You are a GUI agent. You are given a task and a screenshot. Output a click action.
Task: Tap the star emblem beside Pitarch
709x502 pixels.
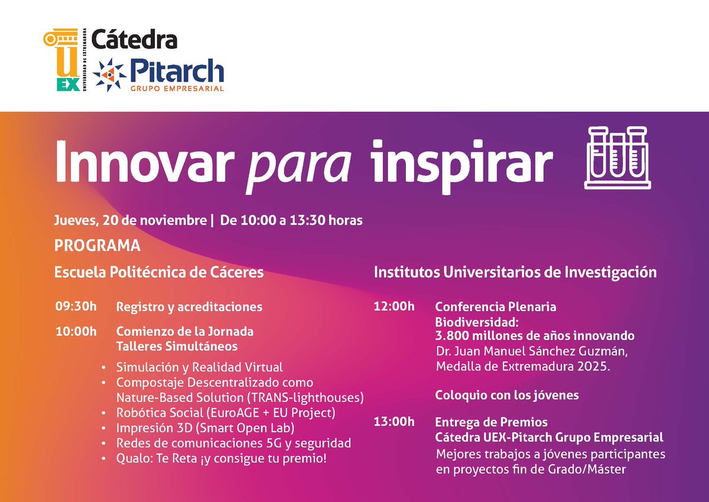110,75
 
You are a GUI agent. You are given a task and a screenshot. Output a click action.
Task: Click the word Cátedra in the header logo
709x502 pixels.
134,40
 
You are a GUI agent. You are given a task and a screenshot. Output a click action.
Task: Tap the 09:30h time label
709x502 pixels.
76,307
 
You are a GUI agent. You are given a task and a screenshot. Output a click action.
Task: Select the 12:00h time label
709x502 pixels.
394,307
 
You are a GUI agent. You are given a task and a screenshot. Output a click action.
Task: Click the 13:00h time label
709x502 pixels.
394,422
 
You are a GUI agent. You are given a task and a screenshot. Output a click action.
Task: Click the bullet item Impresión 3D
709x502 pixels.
205,427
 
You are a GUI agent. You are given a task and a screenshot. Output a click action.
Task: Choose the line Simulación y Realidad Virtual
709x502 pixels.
200,367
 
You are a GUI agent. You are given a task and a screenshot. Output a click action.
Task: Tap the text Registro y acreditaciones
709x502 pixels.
189,307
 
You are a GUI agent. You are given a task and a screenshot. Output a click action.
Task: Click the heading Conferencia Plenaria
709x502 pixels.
496,307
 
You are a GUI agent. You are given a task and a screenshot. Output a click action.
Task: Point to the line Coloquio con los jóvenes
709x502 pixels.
507,394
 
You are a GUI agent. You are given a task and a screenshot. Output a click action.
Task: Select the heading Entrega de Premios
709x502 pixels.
491,422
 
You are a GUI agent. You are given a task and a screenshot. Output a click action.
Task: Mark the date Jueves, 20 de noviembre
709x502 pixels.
130,221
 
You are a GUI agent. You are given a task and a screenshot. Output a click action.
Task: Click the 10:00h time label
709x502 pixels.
76,331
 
